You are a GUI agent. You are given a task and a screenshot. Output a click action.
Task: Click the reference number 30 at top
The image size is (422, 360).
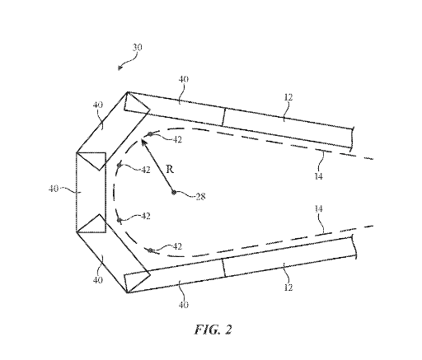tap(138, 48)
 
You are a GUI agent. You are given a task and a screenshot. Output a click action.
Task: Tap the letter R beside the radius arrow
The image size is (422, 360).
tap(170, 170)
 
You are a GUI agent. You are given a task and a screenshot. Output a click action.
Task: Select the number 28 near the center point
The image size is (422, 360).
tap(200, 197)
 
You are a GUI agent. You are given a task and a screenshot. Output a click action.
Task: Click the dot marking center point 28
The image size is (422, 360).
tap(173, 193)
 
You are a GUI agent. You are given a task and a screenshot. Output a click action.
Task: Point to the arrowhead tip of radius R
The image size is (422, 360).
tap(141, 139)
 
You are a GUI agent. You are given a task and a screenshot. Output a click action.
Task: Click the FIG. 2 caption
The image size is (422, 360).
tap(213, 330)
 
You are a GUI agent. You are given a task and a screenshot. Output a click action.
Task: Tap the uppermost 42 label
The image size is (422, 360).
tap(177, 139)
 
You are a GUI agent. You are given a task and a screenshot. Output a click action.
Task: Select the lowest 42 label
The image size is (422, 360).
tap(177, 246)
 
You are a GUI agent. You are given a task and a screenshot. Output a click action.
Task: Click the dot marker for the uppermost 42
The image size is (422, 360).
tap(150, 134)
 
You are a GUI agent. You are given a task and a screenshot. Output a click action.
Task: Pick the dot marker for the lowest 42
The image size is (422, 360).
tap(150, 250)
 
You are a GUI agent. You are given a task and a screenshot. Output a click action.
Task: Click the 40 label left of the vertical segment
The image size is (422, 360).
tap(54, 189)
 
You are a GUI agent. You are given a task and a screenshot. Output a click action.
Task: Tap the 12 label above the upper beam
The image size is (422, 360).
tap(288, 97)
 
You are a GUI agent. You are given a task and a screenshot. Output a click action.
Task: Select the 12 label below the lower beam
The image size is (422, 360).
tap(288, 288)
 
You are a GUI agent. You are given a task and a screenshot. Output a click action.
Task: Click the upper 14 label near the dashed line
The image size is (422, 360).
tap(318, 176)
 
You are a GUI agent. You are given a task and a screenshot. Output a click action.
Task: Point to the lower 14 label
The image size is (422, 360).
tap(318, 209)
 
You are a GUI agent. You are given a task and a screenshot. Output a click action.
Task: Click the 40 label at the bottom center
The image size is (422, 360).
tap(183, 305)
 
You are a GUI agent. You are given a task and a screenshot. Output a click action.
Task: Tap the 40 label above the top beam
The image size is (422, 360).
tap(184, 79)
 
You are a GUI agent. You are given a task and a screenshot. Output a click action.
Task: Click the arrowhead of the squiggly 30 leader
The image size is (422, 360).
tap(119, 69)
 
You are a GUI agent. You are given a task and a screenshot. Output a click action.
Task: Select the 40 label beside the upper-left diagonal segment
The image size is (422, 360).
tap(98, 105)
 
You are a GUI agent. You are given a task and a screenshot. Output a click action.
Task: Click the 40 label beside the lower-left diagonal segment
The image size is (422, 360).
tap(98, 280)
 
